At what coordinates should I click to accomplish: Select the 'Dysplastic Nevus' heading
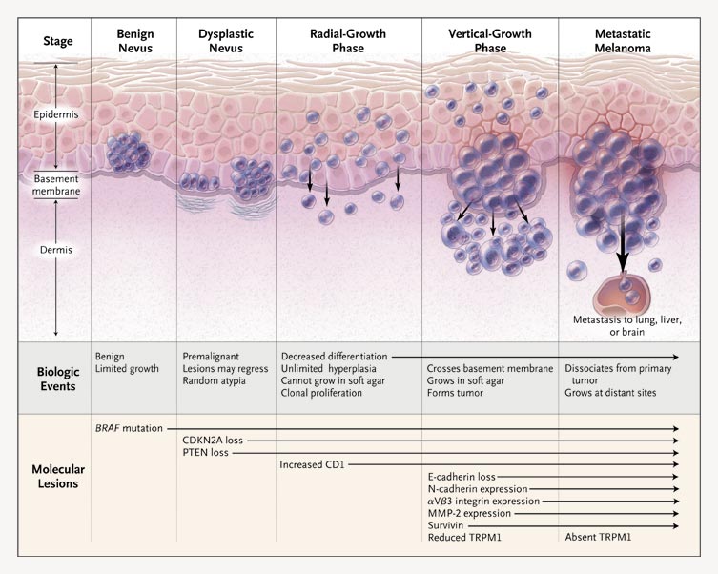pyautogui.click(x=226, y=41)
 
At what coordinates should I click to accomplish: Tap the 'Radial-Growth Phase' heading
pyautogui.click(x=348, y=41)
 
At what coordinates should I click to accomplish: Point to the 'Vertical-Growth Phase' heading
pyautogui.click(x=489, y=41)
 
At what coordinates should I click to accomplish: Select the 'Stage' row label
pyautogui.click(x=58, y=41)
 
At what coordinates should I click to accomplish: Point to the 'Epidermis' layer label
pyautogui.click(x=55, y=114)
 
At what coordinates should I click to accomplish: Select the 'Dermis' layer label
pyautogui.click(x=55, y=250)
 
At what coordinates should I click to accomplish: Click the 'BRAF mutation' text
pyautogui.click(x=129, y=429)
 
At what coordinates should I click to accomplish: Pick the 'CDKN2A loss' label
pyautogui.click(x=214, y=441)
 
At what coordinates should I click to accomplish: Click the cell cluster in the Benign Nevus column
pyautogui.click(x=124, y=152)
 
